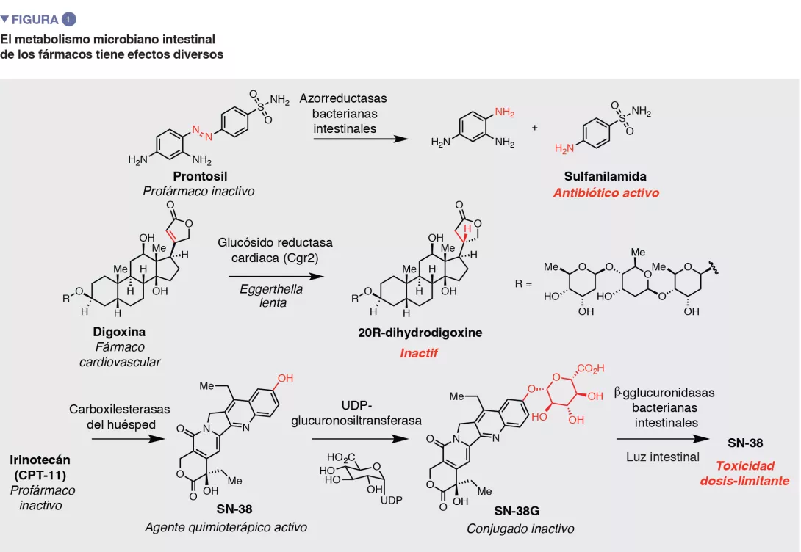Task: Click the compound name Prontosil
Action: pos(200,176)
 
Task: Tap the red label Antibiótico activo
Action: pos(606,193)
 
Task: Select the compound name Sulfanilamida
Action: pos(606,176)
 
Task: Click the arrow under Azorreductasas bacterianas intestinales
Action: pos(360,138)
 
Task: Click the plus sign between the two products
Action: pos(534,127)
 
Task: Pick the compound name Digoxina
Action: pos(119,332)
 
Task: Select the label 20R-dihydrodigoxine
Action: pos(420,333)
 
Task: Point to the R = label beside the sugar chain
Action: pos(522,283)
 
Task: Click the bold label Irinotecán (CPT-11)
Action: pos(41,467)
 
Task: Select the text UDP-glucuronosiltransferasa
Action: pos(357,413)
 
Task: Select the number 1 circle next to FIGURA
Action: pos(69,19)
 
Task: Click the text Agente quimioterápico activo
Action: pos(226,527)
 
